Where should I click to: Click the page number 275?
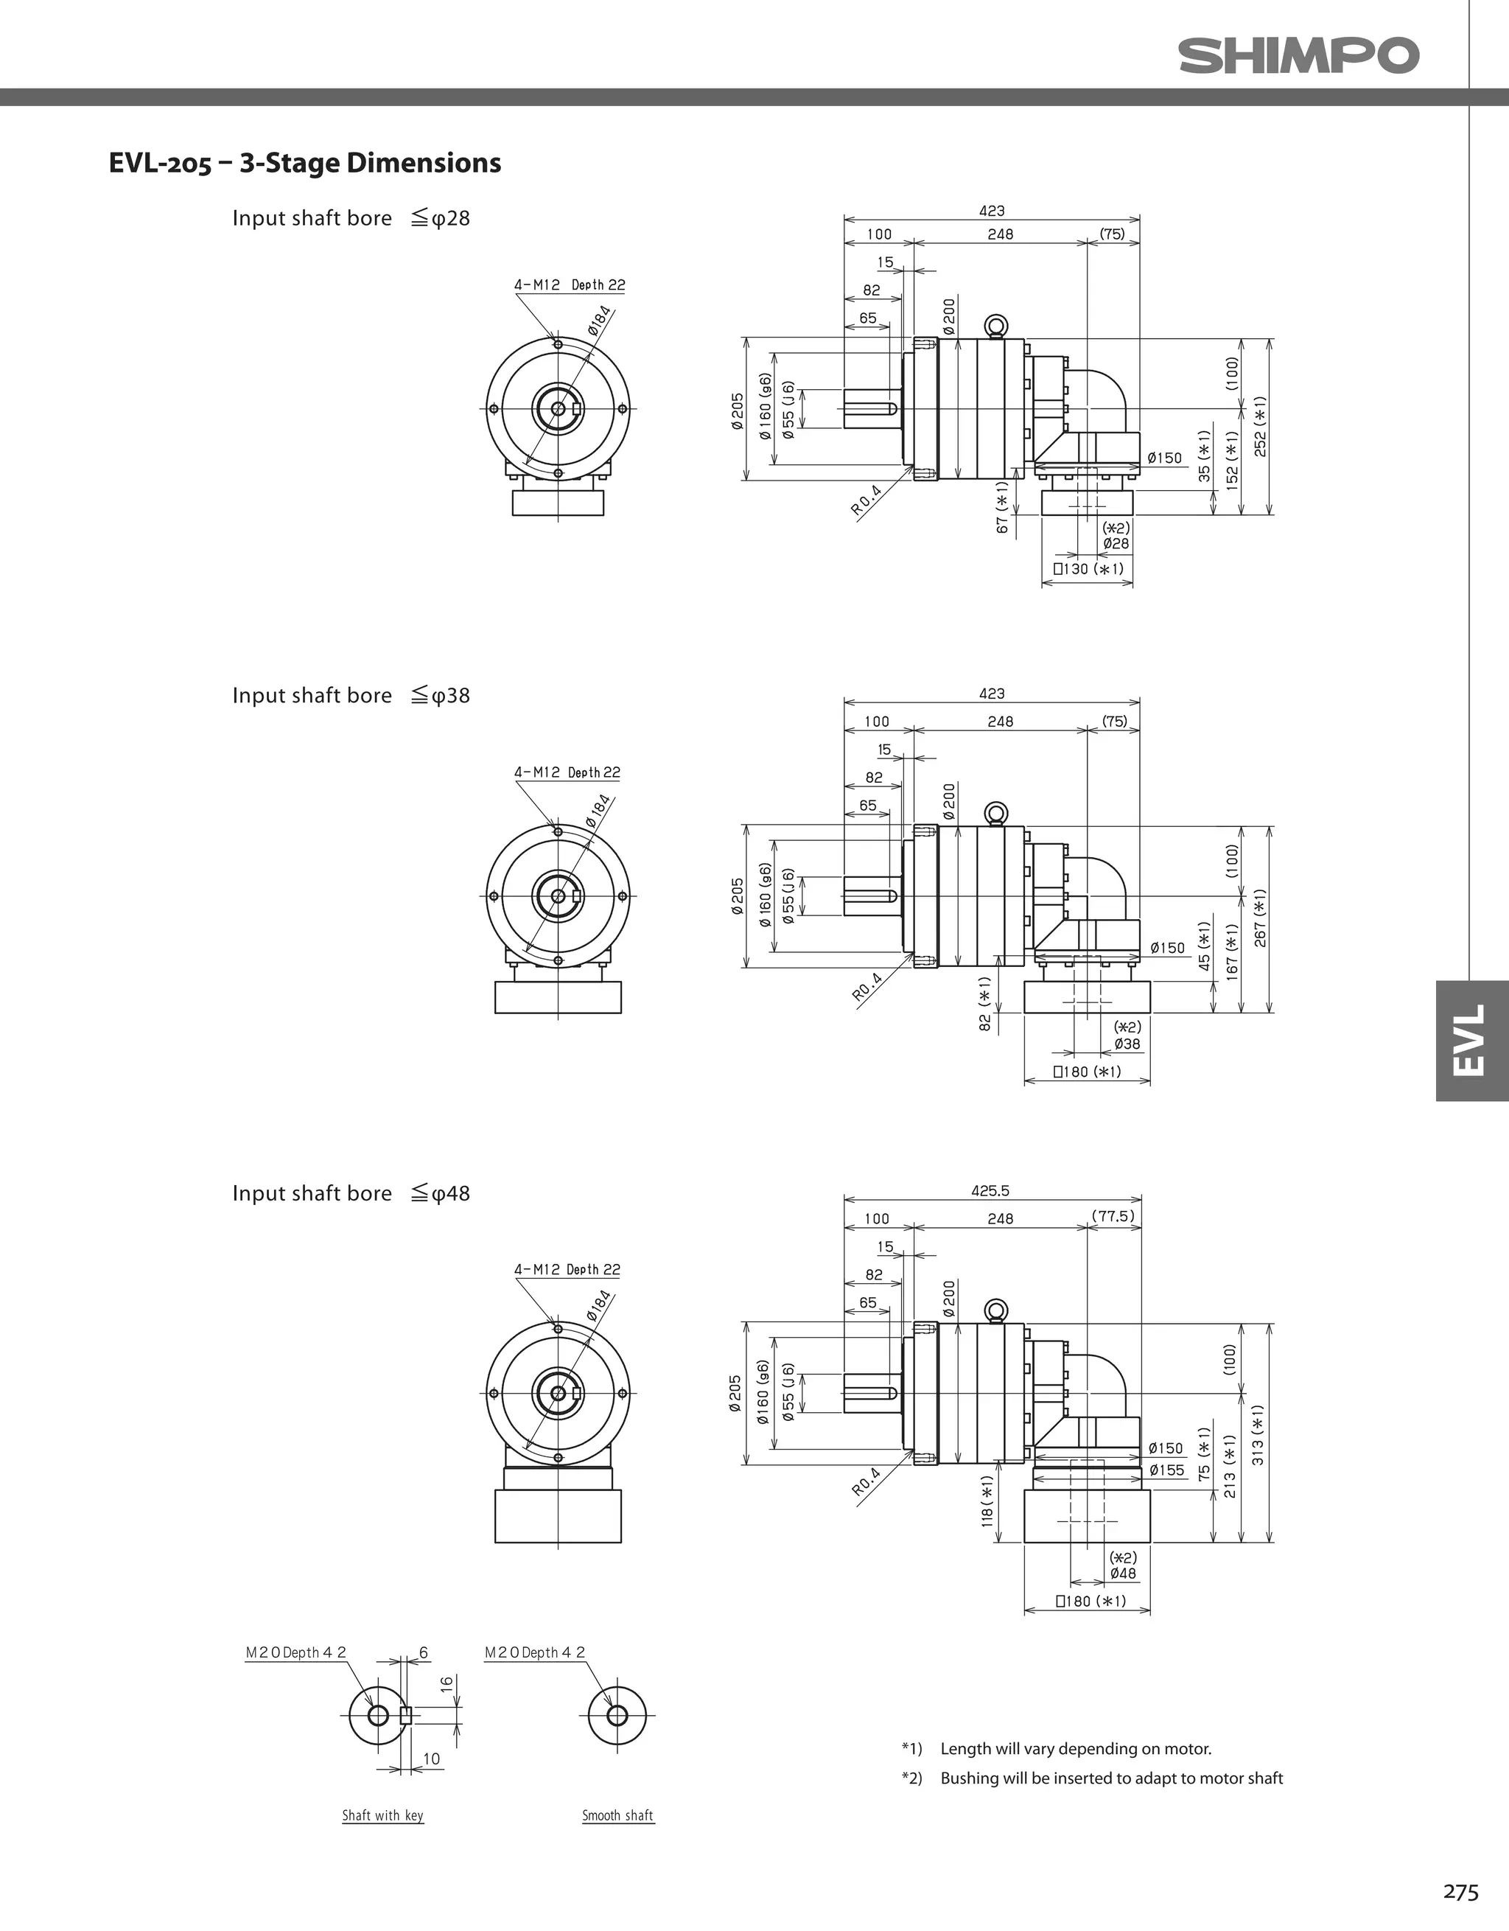1460,1891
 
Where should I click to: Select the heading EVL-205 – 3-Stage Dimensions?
304,163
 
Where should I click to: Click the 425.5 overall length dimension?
990,1191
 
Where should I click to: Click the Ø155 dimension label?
1166,1470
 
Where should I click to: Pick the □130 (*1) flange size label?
1088,568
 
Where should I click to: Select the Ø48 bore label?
1123,1574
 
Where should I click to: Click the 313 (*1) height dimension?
1258,1434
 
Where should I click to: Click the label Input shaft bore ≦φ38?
351,696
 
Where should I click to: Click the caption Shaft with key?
382,1815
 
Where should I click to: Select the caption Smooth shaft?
618,1815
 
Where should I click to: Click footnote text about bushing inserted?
1110,1778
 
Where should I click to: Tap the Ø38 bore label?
1127,1044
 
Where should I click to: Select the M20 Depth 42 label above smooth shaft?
535,1652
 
